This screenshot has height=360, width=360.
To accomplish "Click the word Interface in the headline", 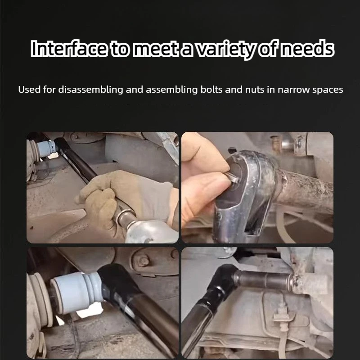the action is [x=69, y=49].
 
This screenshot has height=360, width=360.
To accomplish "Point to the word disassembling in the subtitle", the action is [x=90, y=90].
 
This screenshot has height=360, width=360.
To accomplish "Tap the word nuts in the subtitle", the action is [x=255, y=90].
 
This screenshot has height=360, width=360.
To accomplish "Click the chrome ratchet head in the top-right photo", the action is [x=246, y=195].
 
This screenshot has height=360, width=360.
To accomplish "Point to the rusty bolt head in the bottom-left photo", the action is [x=144, y=261].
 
